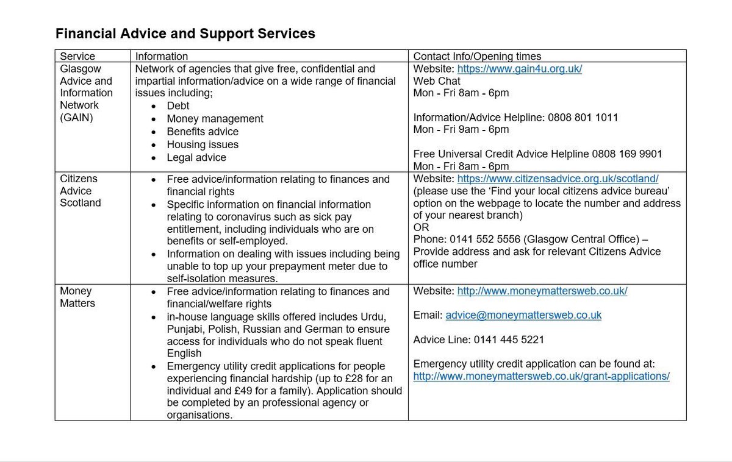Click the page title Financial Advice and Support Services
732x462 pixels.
tap(185, 34)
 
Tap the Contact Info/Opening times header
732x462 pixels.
tap(477, 57)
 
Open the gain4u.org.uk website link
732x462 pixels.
tap(519, 69)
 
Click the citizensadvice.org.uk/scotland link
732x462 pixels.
tap(558, 179)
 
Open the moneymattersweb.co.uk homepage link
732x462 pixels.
tap(542, 291)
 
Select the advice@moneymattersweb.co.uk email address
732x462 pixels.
tap(523, 315)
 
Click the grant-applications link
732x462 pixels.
tap(541, 376)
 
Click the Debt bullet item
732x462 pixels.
tap(178, 106)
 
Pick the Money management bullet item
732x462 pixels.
tap(215, 119)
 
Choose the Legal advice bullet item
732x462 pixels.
tap(196, 157)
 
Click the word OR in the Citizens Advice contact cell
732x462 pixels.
tap(421, 227)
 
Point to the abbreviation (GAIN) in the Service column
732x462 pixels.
tap(76, 117)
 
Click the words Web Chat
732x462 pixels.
tap(437, 81)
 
